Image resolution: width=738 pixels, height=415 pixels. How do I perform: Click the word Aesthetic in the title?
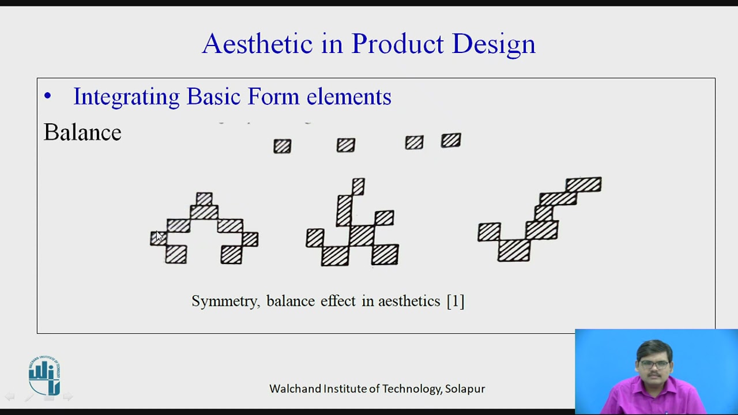click(257, 44)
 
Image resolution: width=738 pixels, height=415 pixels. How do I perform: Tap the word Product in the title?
click(397, 44)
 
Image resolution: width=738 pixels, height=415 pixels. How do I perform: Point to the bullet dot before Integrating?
click(47, 97)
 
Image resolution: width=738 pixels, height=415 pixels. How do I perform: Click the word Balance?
click(82, 133)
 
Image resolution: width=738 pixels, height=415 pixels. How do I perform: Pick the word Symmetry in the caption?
click(225, 301)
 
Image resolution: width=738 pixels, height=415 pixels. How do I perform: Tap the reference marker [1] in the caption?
click(455, 301)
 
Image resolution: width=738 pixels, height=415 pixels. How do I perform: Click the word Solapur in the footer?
click(465, 388)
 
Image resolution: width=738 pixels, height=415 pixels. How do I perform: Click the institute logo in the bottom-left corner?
click(44, 376)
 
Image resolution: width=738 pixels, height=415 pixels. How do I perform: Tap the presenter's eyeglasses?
click(654, 364)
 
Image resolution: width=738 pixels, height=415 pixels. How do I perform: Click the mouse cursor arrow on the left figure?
click(160, 236)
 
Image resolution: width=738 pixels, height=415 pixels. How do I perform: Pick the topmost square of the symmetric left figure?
click(204, 199)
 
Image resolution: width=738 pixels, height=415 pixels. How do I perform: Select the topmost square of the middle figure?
click(358, 186)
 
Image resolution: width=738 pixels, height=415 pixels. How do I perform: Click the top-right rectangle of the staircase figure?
click(583, 184)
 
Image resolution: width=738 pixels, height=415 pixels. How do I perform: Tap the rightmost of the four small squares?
click(451, 140)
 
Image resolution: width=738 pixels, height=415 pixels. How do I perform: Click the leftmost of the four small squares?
click(283, 146)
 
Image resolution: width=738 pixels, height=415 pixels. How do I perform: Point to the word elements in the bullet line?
click(349, 97)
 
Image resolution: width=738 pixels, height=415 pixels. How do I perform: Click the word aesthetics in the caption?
click(409, 301)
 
